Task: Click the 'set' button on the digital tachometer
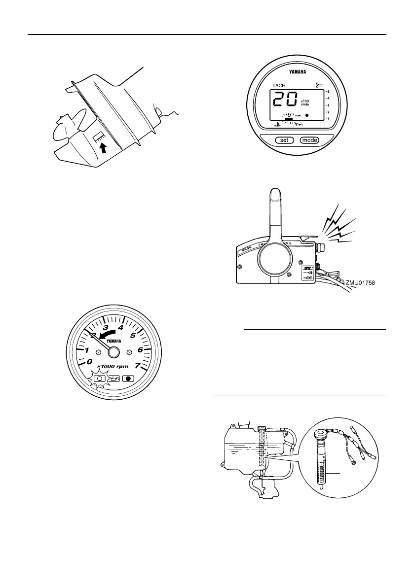click(284, 140)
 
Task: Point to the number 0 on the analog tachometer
click(89, 362)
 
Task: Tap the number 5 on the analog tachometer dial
click(132, 336)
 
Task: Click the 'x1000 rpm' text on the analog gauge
click(114, 366)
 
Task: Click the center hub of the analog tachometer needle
click(113, 352)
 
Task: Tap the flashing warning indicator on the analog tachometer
click(114, 380)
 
